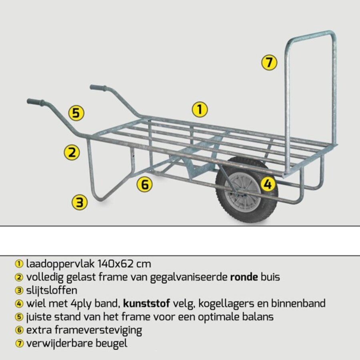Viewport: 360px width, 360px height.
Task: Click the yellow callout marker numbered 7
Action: [x=269, y=63]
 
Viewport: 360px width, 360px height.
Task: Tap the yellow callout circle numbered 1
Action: [x=200, y=109]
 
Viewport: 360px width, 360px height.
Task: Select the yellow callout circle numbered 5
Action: [x=76, y=113]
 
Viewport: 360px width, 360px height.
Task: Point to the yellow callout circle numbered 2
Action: [x=72, y=152]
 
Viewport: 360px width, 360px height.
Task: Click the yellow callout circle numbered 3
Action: [x=80, y=202]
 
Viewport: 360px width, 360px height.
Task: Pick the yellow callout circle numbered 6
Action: [x=145, y=185]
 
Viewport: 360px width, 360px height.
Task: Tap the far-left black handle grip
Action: [x=36, y=102]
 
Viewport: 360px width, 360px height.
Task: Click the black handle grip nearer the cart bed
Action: [x=98, y=88]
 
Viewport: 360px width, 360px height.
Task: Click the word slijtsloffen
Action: [x=52, y=290]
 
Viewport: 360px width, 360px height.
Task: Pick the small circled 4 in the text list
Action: [x=18, y=304]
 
